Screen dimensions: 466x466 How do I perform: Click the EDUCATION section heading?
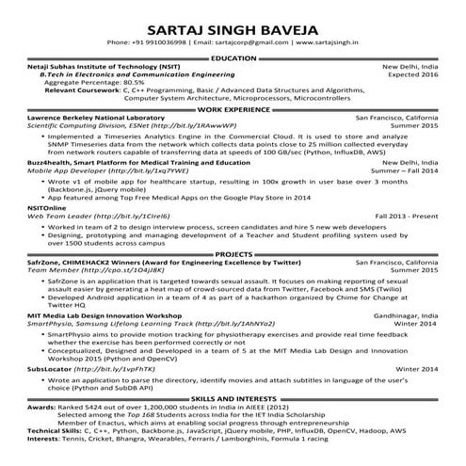[233, 58]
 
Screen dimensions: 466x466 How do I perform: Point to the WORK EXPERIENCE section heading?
[233, 108]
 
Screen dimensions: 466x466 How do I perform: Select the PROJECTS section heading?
[233, 254]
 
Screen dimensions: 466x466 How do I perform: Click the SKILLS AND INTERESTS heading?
[233, 399]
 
